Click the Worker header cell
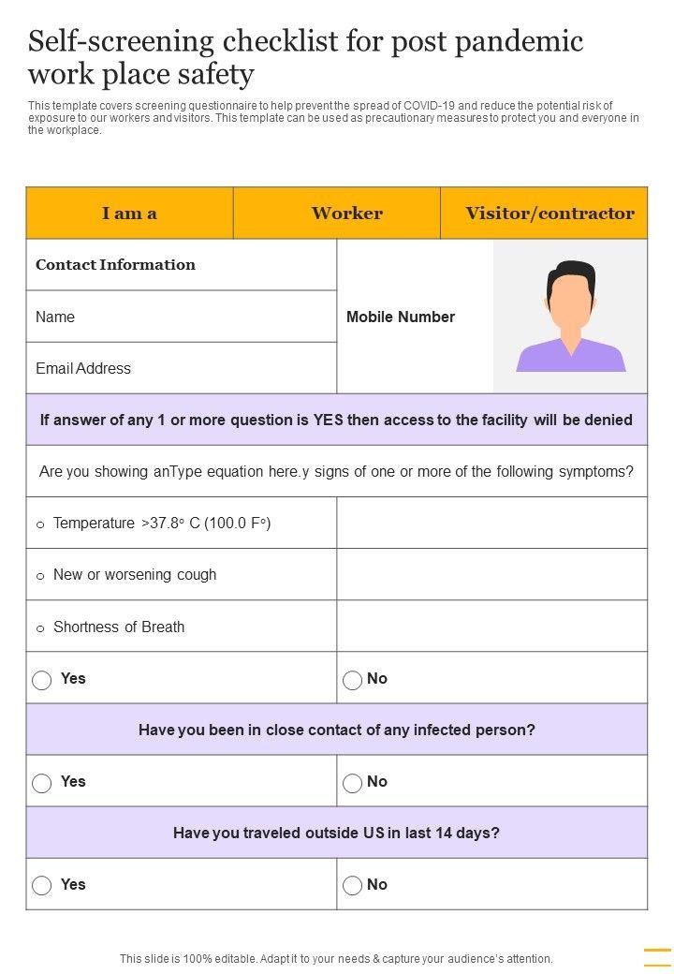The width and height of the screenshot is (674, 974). coord(346,214)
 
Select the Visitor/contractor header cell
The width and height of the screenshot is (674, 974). coord(549,214)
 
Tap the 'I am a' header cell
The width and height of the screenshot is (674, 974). coord(129,214)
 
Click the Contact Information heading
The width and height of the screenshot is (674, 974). coord(115,265)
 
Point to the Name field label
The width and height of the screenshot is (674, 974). coord(55,317)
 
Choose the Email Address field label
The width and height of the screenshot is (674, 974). coord(83,369)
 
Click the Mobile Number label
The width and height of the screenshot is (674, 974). coord(401,317)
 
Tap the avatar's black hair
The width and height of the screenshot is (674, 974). coord(571,275)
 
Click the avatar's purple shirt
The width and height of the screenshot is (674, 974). coord(571,357)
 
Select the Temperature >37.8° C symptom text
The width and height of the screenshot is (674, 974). coord(161,524)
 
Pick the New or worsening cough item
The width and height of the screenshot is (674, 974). coord(134,575)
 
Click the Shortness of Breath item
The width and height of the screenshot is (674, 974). coord(118,627)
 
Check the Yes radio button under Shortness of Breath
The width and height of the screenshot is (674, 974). coord(42,680)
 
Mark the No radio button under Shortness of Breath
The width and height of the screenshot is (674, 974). coord(353,680)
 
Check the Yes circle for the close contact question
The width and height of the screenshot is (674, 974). coord(42,783)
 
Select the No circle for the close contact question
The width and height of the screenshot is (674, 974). coord(353,783)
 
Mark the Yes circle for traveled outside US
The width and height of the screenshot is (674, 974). coord(42,886)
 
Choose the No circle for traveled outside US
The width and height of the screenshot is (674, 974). coord(353,886)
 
